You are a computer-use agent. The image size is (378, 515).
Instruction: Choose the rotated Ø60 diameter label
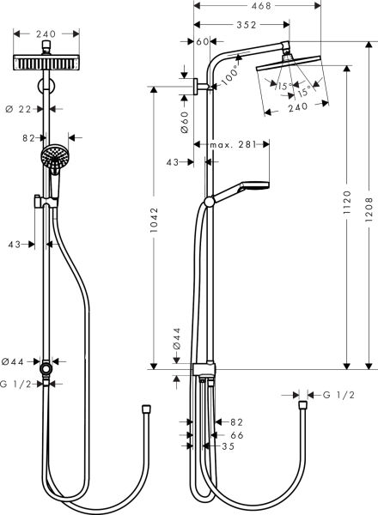click(x=185, y=121)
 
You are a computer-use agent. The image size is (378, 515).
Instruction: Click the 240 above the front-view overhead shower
click(x=47, y=35)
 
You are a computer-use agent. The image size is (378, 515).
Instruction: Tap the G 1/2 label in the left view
click(x=16, y=385)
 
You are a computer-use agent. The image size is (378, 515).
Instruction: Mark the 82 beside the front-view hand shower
click(x=28, y=136)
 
